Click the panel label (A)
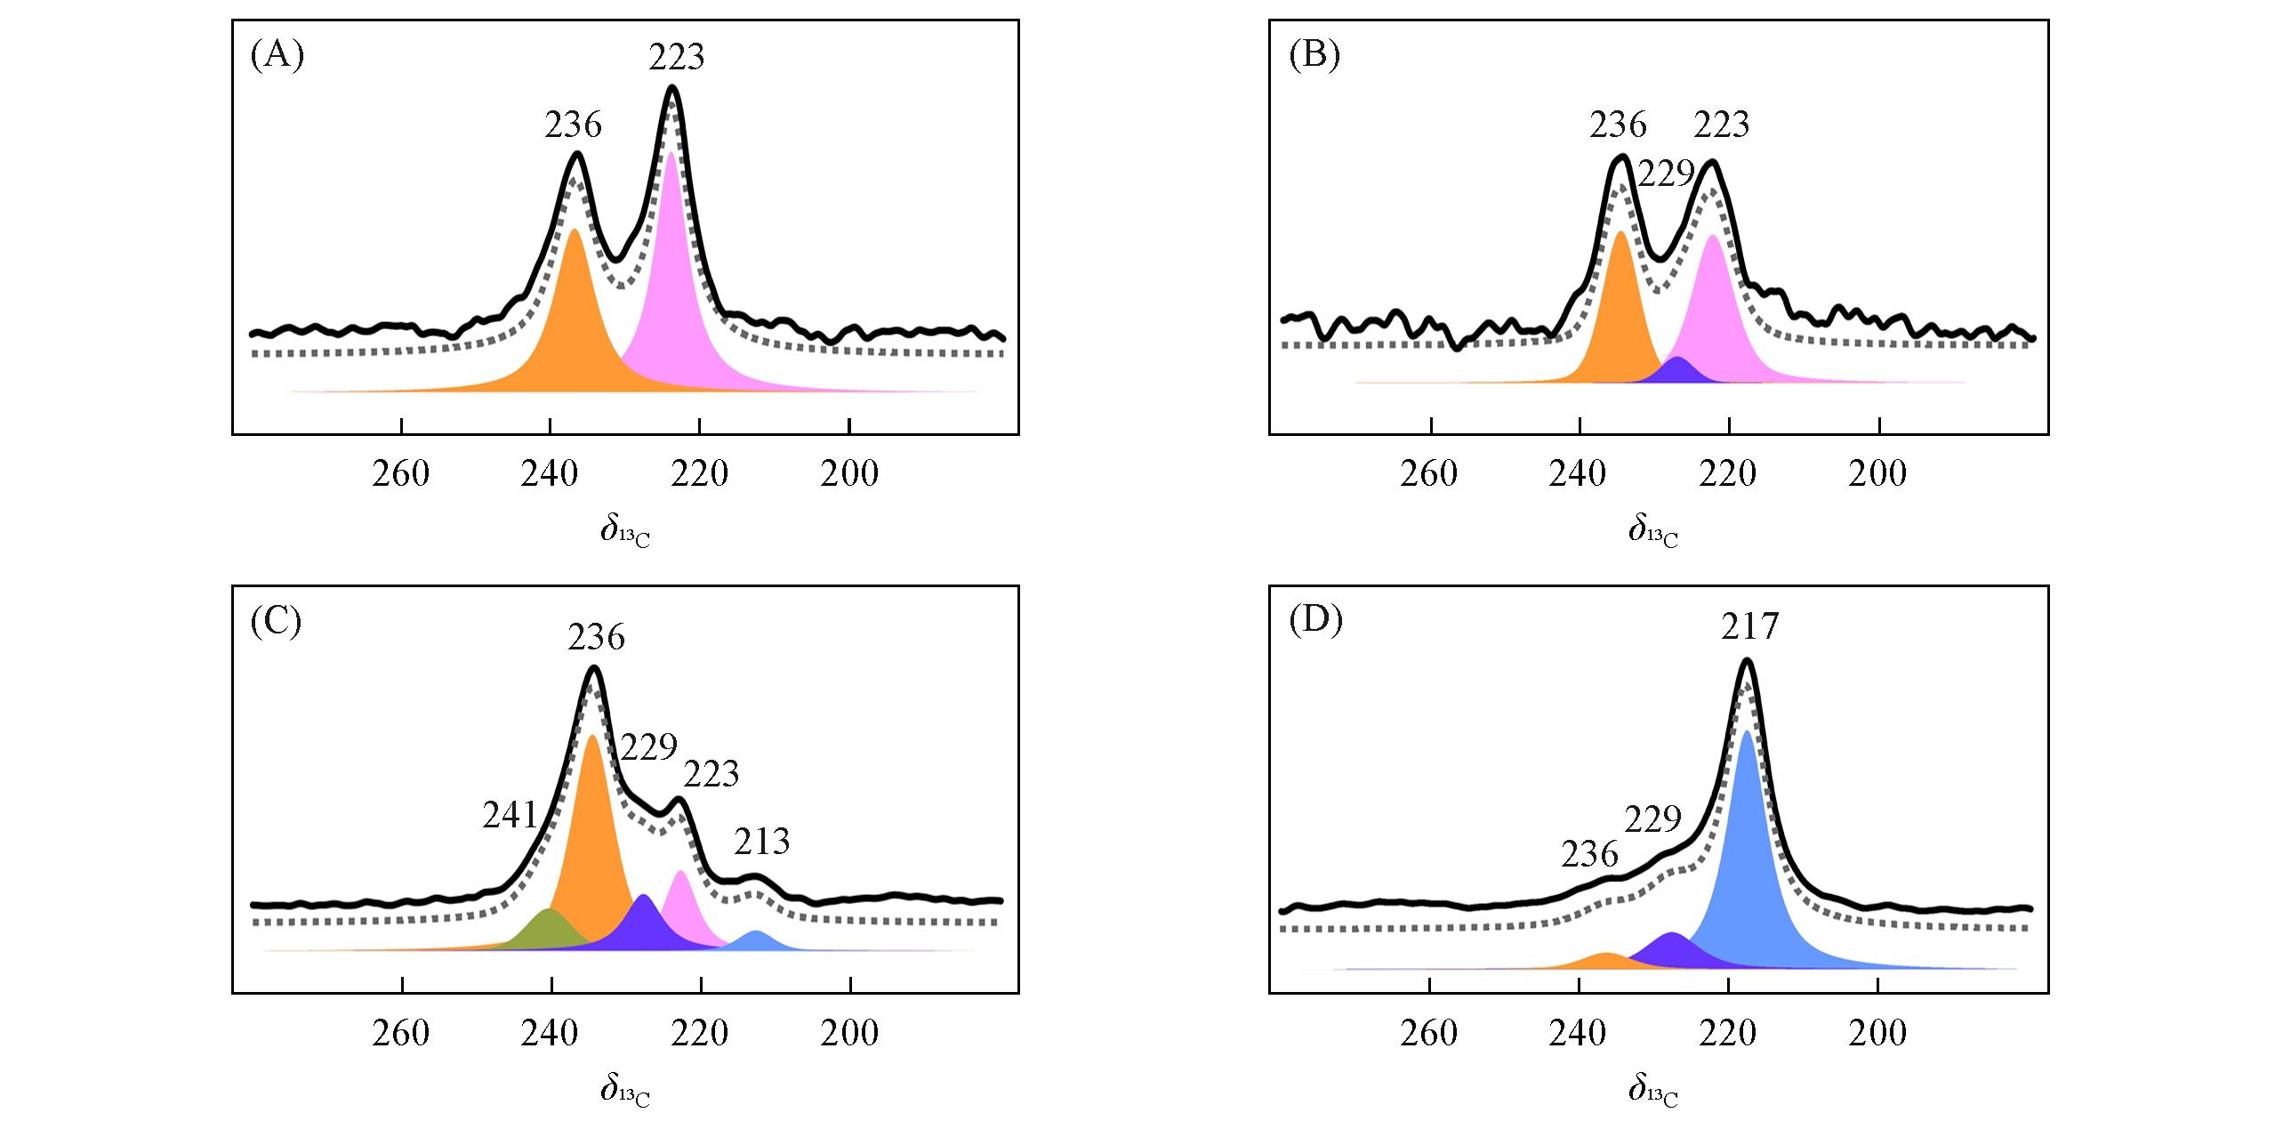coord(277,55)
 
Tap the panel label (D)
coord(1315,621)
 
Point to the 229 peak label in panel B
coord(1666,174)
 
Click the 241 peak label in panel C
coord(510,814)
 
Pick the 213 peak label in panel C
coord(761,841)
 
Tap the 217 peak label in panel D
coord(1749,627)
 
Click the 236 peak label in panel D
coord(1589,854)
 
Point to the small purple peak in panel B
coord(1677,372)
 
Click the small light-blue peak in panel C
coord(757,940)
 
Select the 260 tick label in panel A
coord(401,474)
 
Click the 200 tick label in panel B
coord(1877,474)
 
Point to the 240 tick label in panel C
coord(551,1033)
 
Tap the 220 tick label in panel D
coord(1728,1033)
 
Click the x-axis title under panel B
coord(1652,532)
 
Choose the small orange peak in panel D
coord(1606,962)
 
